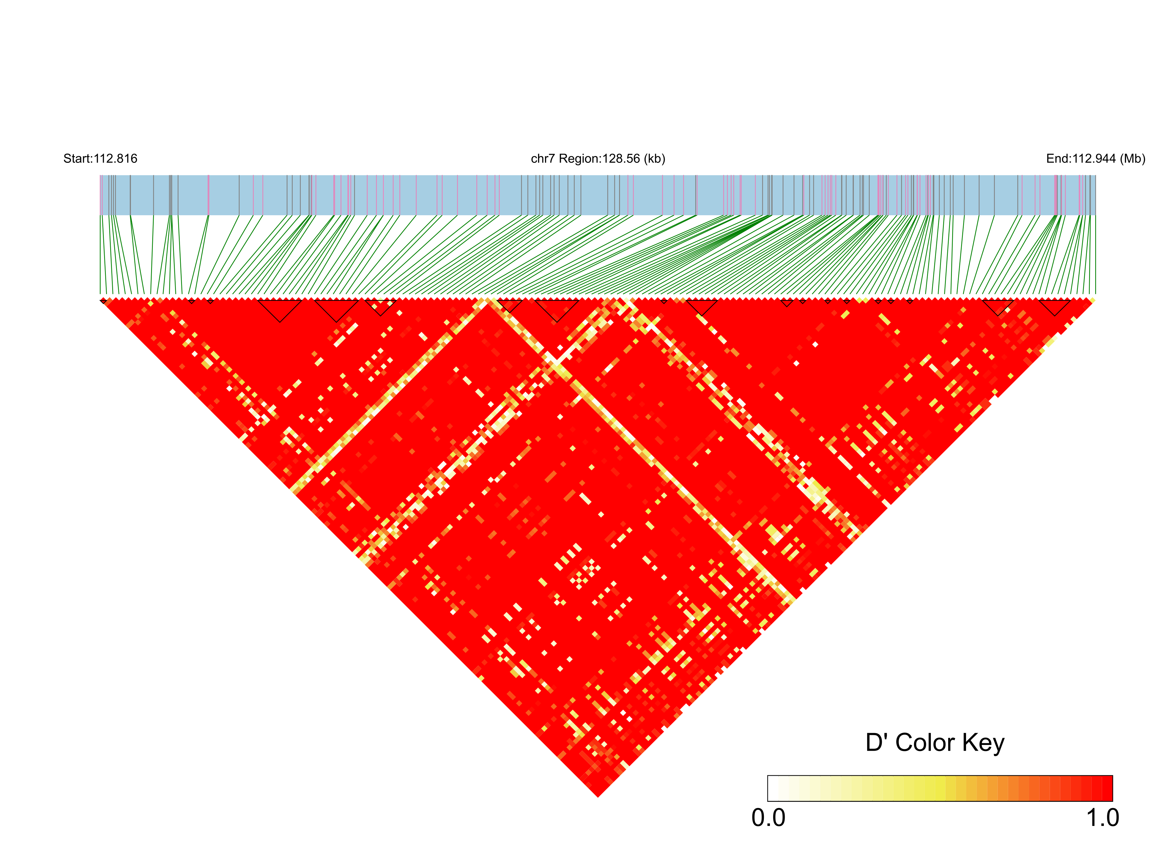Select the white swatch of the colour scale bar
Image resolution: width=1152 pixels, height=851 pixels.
(773, 788)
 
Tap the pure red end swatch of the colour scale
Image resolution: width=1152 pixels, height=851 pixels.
(1107, 788)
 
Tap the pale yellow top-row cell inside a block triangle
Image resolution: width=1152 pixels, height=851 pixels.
(380, 300)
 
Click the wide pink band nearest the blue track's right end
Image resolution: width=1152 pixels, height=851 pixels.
(1056, 195)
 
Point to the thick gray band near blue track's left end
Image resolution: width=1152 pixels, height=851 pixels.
(171, 195)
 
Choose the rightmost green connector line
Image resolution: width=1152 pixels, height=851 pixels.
(1095, 255)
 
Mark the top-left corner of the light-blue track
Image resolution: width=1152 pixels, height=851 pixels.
(100, 176)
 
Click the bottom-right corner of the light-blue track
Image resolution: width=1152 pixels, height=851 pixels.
(1096, 215)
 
